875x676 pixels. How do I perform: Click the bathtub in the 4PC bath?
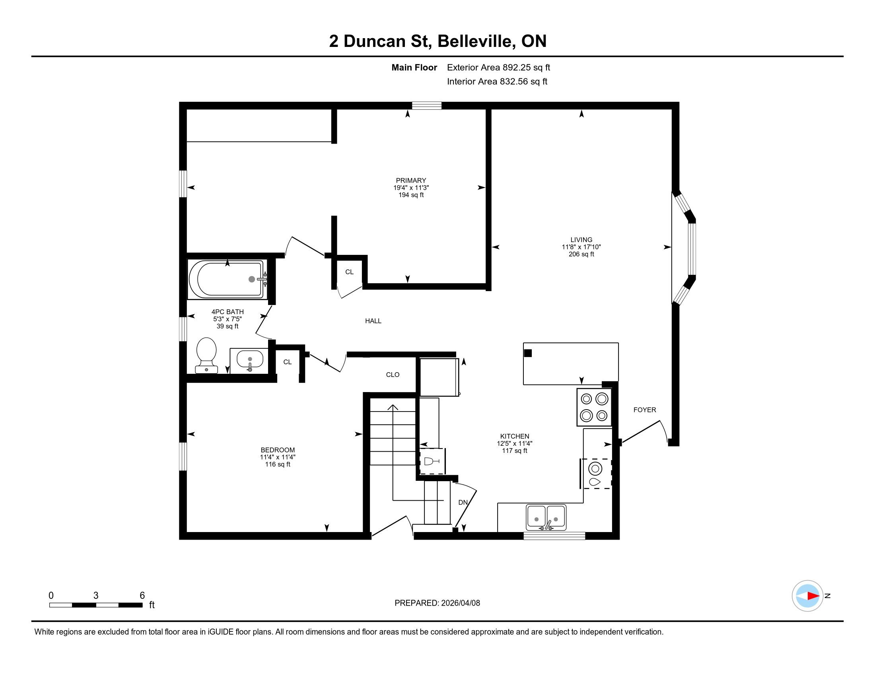[x=227, y=279]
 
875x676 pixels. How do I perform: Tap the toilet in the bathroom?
[x=206, y=355]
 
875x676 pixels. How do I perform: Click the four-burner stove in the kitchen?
[x=594, y=407]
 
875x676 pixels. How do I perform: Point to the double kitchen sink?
[x=546, y=517]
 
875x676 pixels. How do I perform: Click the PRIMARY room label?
[x=411, y=181]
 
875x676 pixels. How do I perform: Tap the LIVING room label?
[x=581, y=240]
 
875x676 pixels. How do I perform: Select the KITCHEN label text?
[x=515, y=436]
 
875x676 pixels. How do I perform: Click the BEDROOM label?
[x=278, y=450]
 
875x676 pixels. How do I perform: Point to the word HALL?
[x=373, y=321]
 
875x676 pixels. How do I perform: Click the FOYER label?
[x=645, y=410]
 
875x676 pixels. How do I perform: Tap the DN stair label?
[x=463, y=502]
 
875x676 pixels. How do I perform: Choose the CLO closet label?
[x=393, y=375]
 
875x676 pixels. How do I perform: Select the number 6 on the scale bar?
[x=142, y=596]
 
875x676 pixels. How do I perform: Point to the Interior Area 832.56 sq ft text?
[x=497, y=82]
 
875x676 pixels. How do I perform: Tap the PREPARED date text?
[x=437, y=603]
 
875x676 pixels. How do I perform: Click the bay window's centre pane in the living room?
[x=692, y=249]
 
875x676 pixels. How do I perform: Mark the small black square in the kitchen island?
[x=528, y=353]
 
